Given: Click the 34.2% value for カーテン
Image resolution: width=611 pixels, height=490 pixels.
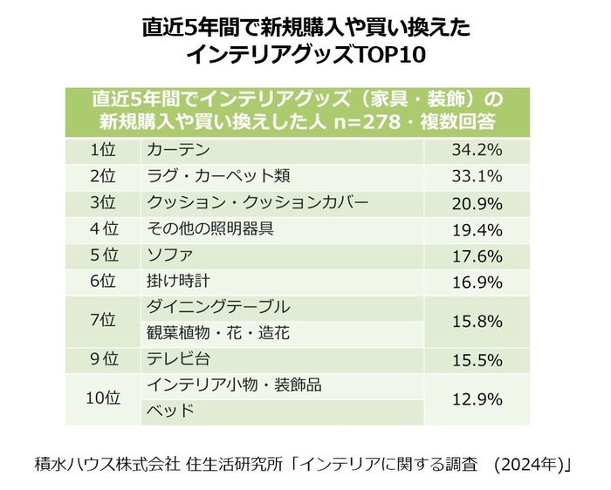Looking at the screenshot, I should pos(477,149).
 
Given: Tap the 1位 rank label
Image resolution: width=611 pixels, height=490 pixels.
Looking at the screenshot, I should pos(103,149).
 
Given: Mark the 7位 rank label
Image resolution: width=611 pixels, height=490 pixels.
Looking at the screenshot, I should pos(103,320).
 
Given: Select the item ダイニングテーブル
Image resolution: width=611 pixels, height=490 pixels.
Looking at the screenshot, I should pos(218,307).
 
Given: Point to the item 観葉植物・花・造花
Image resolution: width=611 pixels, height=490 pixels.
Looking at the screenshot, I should pos(218,333).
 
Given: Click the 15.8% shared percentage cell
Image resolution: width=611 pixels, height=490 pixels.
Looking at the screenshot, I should pos(477,320).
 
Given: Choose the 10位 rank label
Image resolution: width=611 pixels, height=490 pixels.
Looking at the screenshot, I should pos(103,398).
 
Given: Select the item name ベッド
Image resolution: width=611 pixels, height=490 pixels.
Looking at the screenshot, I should pos(169,411).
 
